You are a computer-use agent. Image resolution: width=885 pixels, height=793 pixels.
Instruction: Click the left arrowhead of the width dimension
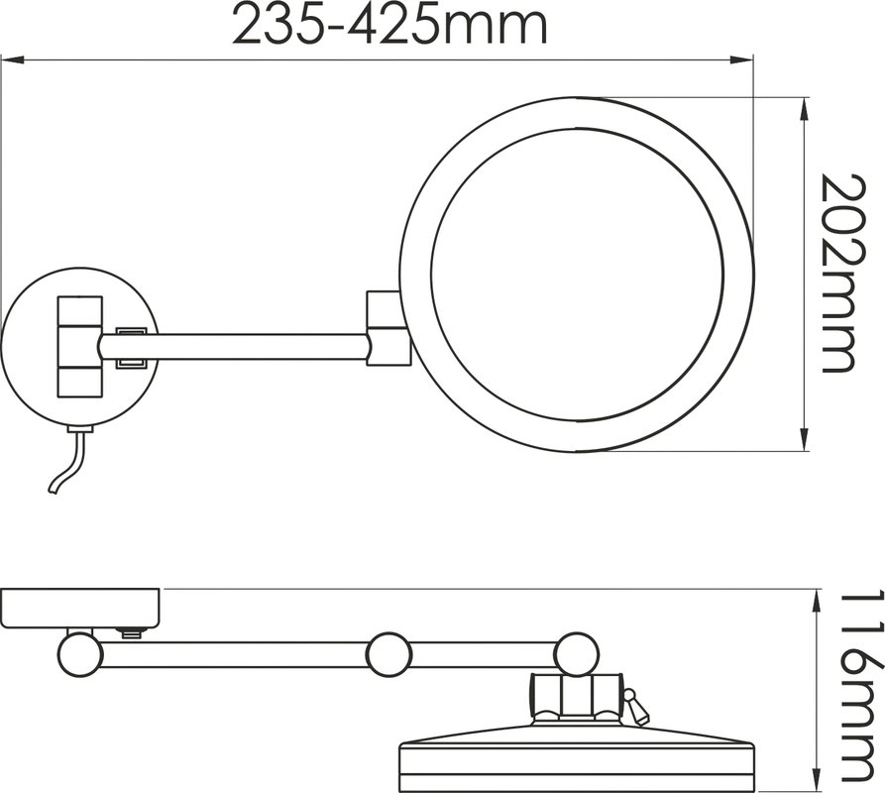tap(13, 58)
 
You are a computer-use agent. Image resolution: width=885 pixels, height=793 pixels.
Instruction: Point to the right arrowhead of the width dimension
tap(742, 58)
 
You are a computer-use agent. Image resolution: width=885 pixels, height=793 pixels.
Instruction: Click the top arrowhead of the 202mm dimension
tap(804, 109)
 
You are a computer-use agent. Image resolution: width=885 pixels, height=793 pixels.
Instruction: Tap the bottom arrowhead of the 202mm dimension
tap(804, 439)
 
